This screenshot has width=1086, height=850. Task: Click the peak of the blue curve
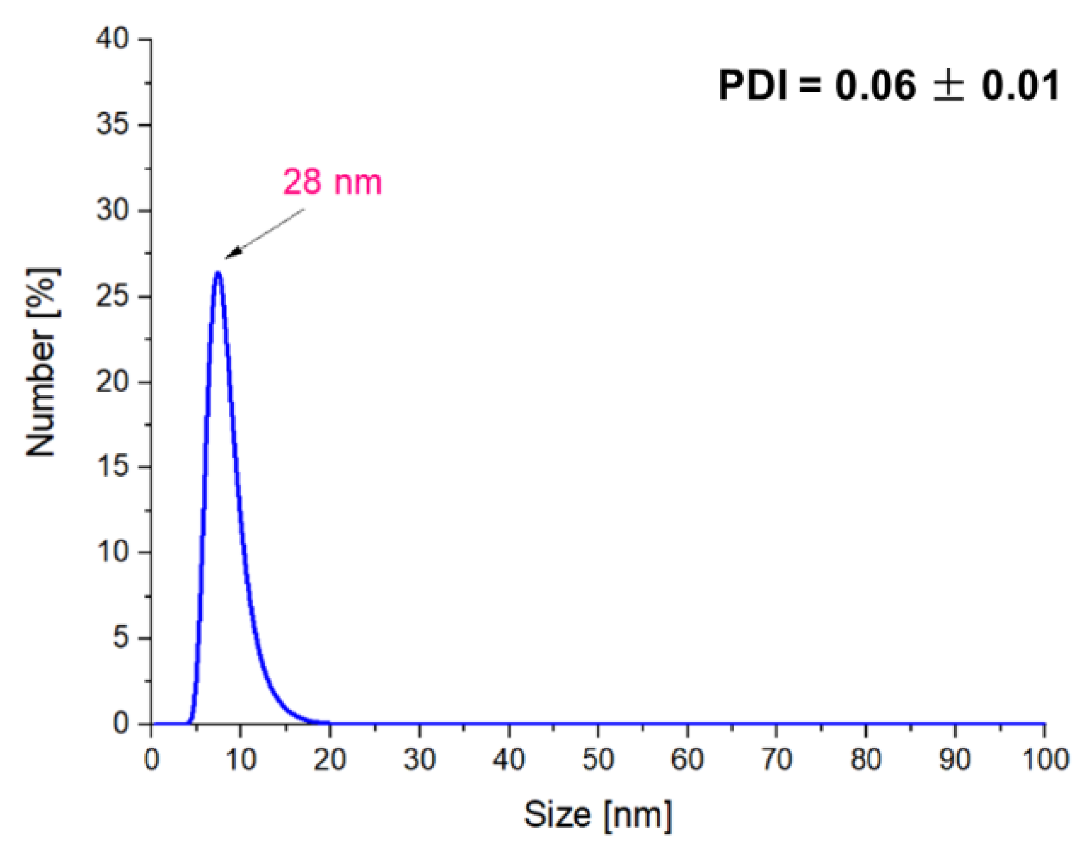point(217,274)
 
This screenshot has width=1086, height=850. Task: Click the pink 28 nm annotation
point(332,182)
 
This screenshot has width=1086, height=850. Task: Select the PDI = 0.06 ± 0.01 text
point(889,85)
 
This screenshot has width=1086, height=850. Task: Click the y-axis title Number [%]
point(42,362)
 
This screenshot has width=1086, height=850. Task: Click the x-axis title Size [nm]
point(598,814)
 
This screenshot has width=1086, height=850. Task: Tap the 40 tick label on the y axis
point(112,39)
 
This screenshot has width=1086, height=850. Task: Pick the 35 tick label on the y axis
point(112,125)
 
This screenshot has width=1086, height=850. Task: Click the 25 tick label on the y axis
point(112,296)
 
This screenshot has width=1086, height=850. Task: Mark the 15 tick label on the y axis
point(112,467)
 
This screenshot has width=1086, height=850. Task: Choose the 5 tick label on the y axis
point(121,638)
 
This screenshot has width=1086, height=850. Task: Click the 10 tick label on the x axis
point(241,760)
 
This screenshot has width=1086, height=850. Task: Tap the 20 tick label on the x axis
point(330,760)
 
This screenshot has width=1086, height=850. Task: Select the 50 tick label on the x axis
point(598,760)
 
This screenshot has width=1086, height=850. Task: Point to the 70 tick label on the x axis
point(776,760)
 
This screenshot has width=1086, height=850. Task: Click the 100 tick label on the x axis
point(1045,760)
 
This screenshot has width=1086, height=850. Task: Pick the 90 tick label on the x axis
point(955,760)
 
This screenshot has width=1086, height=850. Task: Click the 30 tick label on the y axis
point(112,210)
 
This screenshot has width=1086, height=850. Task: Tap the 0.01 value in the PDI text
point(1020,85)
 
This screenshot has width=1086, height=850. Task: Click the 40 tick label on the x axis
point(509,760)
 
